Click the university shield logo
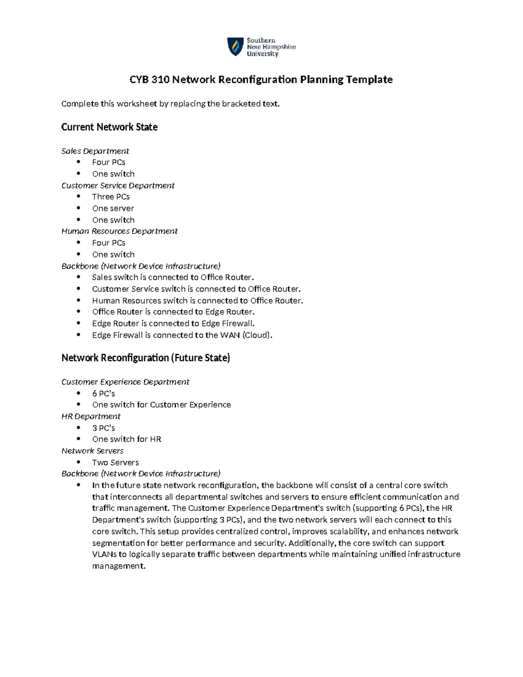pos(235,47)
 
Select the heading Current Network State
pos(109,127)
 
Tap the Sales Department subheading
pos(95,151)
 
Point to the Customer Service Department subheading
pos(118,185)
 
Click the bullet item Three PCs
pos(111,197)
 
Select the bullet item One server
pos(113,208)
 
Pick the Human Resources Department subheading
pos(119,231)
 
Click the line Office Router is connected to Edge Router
pos(173,312)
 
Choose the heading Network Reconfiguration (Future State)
pos(146,358)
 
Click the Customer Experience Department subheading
pos(125,382)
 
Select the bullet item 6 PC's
pos(103,393)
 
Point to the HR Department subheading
pos(91,416)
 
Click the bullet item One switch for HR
pos(126,439)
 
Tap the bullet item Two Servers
pos(115,462)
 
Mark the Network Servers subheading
pos(92,451)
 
